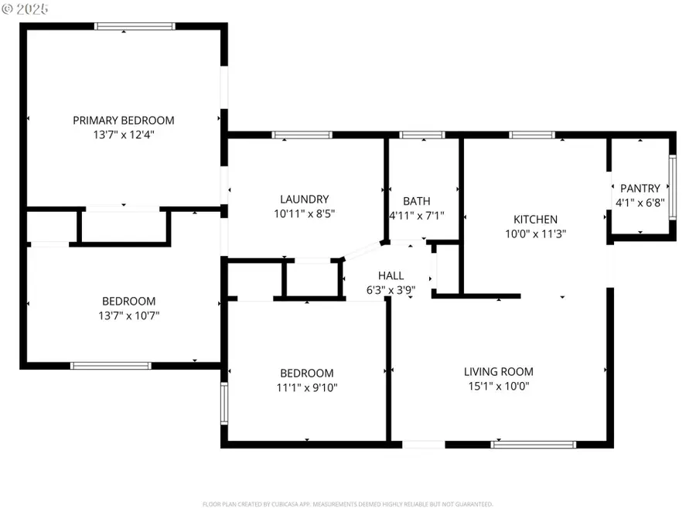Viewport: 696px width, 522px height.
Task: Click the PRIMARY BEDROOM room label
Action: tap(124, 120)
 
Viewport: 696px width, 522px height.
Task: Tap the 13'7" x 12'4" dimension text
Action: tap(124, 135)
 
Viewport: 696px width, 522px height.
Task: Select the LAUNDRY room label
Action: tap(304, 199)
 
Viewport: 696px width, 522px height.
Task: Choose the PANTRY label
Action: tap(640, 188)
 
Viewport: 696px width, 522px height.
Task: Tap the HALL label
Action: tap(391, 275)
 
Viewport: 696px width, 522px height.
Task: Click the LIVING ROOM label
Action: tap(498, 371)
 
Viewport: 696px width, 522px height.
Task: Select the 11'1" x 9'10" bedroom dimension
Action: tap(307, 387)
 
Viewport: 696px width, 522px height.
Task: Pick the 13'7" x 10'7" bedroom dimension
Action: tap(128, 316)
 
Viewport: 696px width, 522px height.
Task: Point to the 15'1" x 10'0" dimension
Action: tap(498, 386)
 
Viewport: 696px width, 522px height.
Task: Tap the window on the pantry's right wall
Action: tap(672, 184)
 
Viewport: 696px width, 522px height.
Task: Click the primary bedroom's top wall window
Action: tap(135, 26)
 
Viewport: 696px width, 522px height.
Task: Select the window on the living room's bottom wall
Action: tap(534, 445)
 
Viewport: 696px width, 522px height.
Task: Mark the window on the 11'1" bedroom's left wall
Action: tap(224, 402)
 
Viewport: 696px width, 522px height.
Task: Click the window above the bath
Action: tap(422, 135)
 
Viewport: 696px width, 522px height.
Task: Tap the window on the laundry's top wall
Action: tap(302, 135)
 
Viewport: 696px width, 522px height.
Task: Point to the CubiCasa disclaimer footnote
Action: tap(347, 504)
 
